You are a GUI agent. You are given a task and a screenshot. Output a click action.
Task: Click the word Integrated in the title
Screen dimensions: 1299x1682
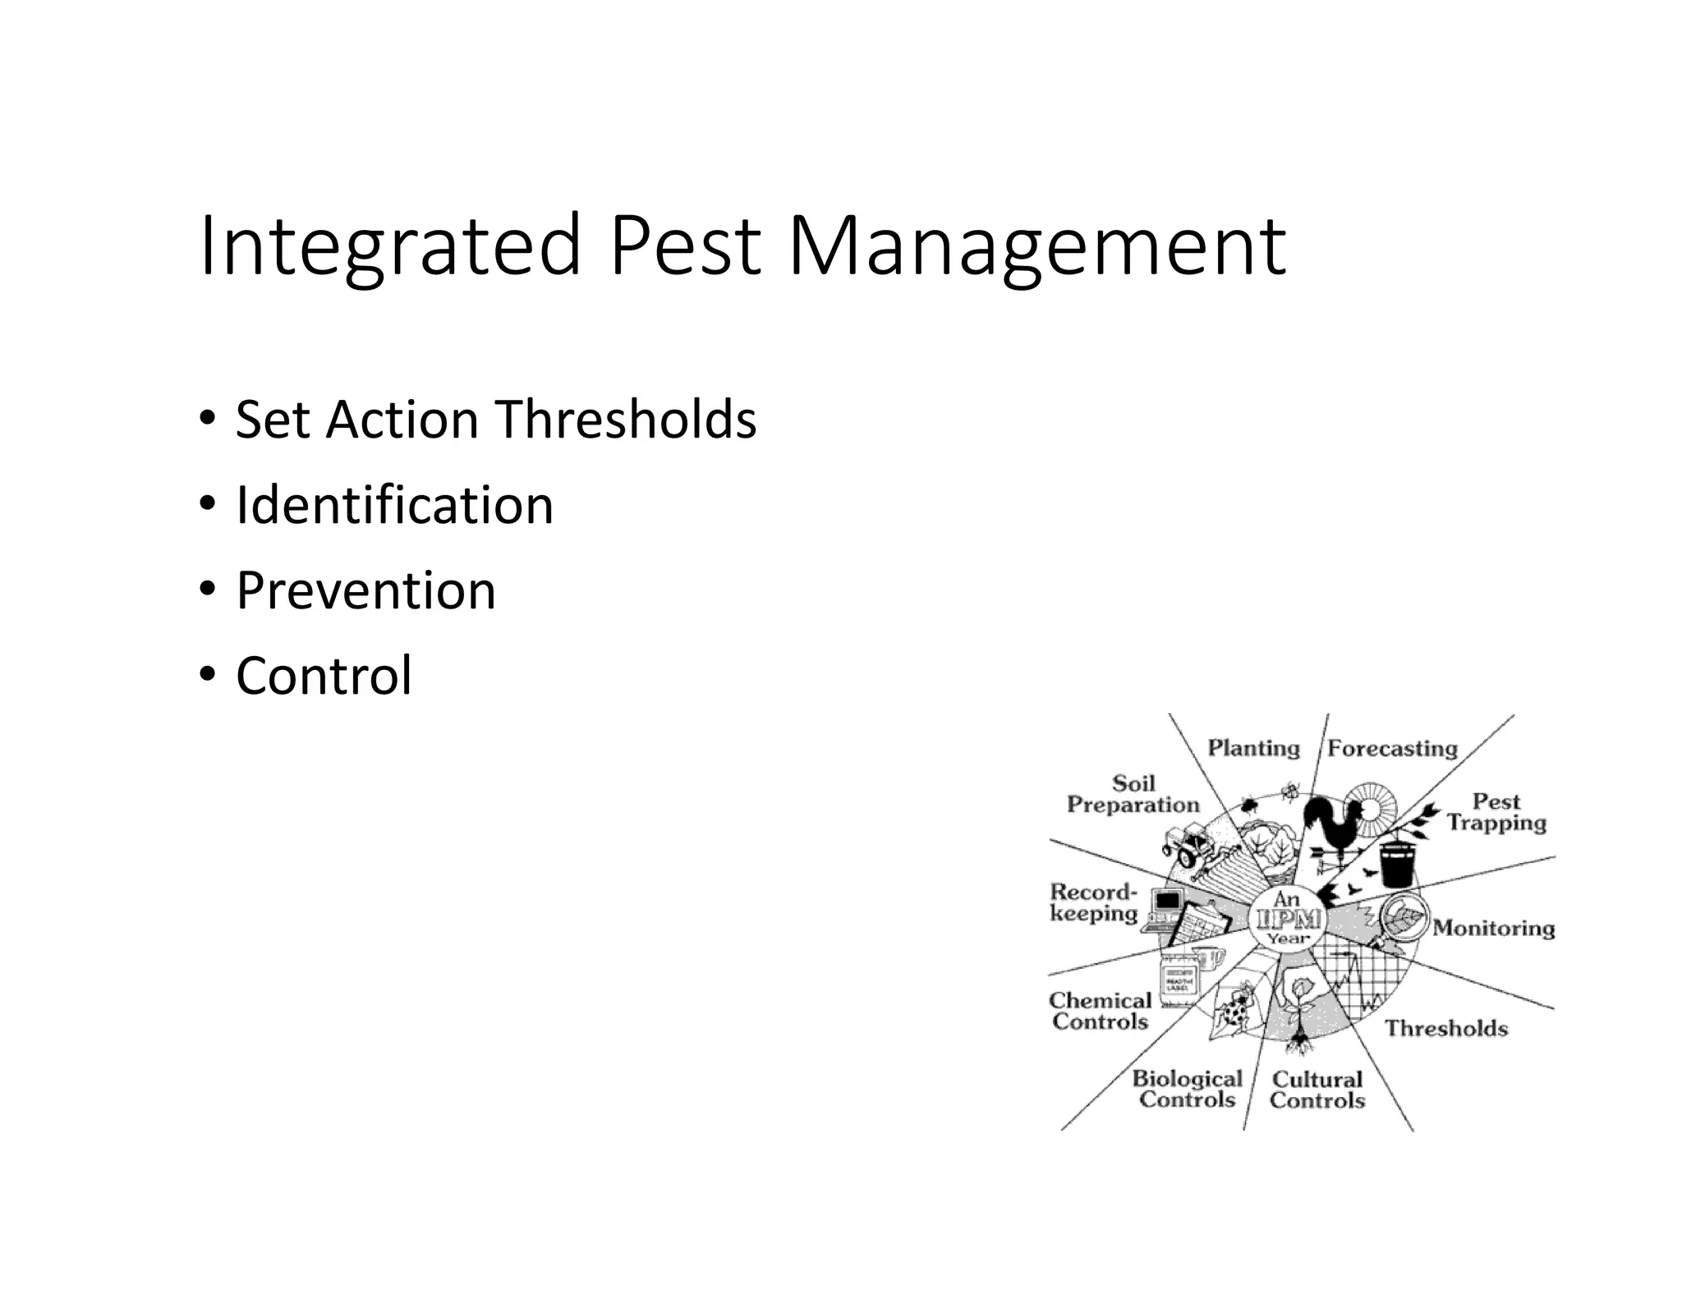[x=389, y=244]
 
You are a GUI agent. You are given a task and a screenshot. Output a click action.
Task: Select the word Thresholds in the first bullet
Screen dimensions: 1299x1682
[x=626, y=420]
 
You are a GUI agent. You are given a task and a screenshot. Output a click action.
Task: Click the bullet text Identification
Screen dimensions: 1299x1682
[x=394, y=505]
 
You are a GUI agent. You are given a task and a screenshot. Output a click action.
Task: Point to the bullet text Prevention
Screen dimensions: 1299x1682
[x=365, y=590]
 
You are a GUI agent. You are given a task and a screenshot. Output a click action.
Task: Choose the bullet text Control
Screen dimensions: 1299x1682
[x=324, y=676]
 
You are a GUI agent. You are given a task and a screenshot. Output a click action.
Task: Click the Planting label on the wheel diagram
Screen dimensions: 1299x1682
[x=1253, y=748]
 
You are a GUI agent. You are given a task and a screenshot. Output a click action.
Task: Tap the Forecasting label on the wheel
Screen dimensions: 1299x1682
[x=1392, y=748]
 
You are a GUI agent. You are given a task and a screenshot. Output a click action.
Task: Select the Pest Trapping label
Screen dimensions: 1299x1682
[x=1496, y=812]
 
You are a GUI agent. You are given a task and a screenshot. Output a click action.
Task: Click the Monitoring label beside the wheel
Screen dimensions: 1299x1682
[x=1494, y=928]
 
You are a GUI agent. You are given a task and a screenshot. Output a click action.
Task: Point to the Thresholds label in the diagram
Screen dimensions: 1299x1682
[x=1446, y=1028]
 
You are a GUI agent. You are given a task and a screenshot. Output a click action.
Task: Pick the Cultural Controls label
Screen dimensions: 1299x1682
[x=1317, y=1090]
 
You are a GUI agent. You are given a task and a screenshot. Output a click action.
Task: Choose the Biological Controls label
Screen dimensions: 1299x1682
[x=1188, y=1089]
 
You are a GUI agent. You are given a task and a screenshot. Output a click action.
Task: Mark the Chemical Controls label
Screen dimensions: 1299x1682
[x=1100, y=1011]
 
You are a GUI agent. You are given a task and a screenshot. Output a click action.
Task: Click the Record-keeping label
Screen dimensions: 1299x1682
[x=1094, y=902]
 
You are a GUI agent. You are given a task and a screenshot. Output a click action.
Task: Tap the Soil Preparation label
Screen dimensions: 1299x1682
[x=1133, y=794]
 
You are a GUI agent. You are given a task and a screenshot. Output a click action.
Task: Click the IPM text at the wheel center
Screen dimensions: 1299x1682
[x=1287, y=919]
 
